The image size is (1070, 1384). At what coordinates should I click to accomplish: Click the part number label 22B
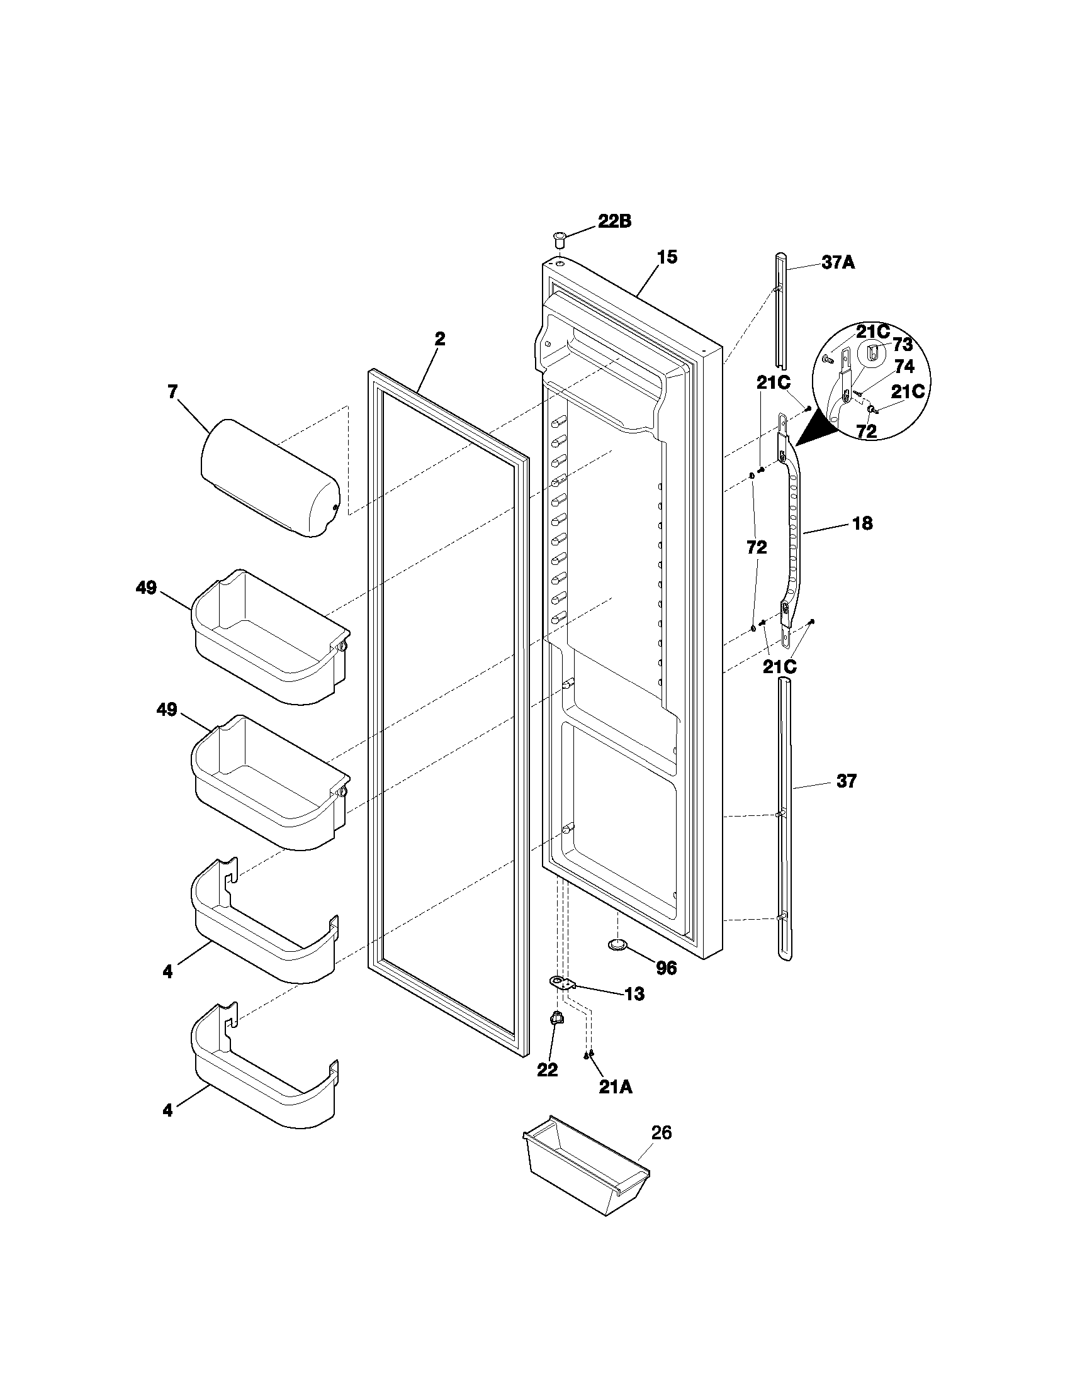[614, 222]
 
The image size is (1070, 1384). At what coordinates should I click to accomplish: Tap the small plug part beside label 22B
[558, 240]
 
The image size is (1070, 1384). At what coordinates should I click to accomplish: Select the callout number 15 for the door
[666, 257]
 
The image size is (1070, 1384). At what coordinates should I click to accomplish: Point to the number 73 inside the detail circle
[902, 345]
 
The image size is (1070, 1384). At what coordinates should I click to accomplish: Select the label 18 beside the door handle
[862, 523]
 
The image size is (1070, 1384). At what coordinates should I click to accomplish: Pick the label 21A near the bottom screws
[615, 1088]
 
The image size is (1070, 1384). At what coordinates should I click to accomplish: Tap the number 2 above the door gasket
[439, 338]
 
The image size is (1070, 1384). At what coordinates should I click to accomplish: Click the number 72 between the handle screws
[756, 547]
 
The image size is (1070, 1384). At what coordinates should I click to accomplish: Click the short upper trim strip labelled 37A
[780, 311]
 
